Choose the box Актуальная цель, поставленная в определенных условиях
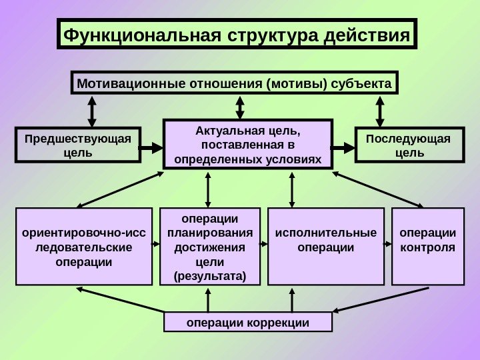click(x=247, y=145)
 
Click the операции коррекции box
click(x=248, y=323)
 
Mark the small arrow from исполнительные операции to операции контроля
click(x=389, y=246)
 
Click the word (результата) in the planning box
click(x=209, y=275)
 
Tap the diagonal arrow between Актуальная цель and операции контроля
click(x=379, y=191)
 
